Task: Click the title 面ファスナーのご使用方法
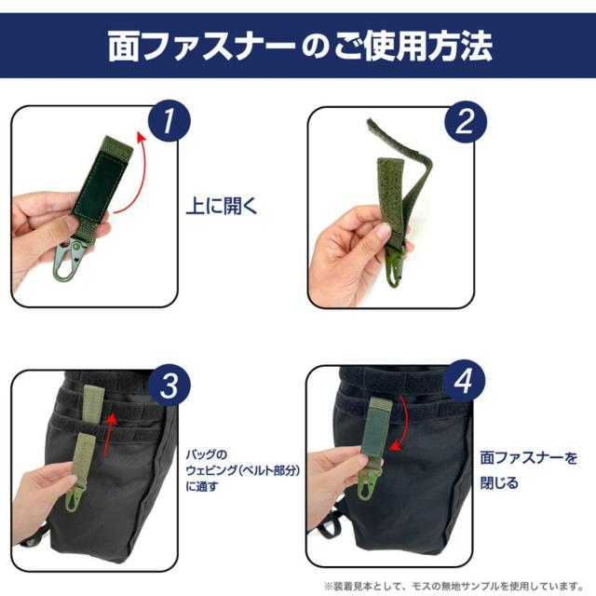coord(300,47)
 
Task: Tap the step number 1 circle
coord(169,121)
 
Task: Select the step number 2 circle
coord(466,122)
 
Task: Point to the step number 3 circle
coord(169,386)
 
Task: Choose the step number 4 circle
coord(464,381)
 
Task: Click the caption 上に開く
coord(222,207)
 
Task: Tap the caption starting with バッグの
coord(242,470)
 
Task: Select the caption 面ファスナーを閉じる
coord(529,470)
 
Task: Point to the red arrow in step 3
coord(110,436)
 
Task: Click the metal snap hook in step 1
coord(69,258)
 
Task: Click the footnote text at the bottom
coord(454,586)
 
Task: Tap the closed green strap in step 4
coord(375,430)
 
